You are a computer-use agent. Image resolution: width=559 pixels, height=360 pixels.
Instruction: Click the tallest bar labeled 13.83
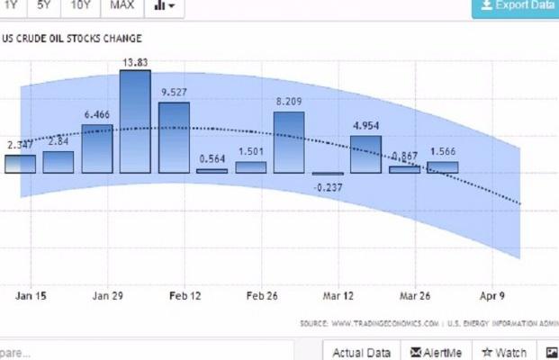(x=135, y=121)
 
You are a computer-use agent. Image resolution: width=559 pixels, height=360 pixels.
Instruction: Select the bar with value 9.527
(x=174, y=137)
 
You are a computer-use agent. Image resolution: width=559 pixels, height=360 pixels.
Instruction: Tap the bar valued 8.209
(x=289, y=141)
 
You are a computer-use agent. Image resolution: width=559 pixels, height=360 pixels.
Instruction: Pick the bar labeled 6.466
(x=97, y=148)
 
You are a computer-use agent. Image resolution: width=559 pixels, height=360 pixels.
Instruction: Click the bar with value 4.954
(x=365, y=154)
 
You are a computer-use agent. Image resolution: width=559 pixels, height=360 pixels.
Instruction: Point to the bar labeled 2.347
(x=20, y=164)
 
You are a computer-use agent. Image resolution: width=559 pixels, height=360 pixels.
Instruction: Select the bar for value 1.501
(x=251, y=166)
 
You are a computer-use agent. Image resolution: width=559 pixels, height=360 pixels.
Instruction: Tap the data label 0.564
(x=212, y=158)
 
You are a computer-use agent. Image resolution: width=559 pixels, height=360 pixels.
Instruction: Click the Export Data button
(x=516, y=6)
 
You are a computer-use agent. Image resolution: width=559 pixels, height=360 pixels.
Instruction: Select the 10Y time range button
(x=81, y=5)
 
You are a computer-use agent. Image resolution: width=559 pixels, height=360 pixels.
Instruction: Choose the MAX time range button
(x=122, y=5)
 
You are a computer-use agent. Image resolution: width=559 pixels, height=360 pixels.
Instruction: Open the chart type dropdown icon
(x=164, y=6)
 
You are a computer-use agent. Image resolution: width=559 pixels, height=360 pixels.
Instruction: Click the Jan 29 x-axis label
(x=107, y=295)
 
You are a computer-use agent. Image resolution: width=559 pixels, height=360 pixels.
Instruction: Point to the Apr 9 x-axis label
(x=492, y=295)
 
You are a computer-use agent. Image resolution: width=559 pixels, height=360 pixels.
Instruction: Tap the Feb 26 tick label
(x=263, y=295)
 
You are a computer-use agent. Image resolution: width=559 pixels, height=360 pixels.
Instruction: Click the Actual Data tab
(x=361, y=352)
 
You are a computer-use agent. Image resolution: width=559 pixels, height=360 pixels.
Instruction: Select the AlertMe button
(x=437, y=352)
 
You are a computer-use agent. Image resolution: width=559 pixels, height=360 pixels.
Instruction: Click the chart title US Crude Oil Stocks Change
(x=72, y=39)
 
